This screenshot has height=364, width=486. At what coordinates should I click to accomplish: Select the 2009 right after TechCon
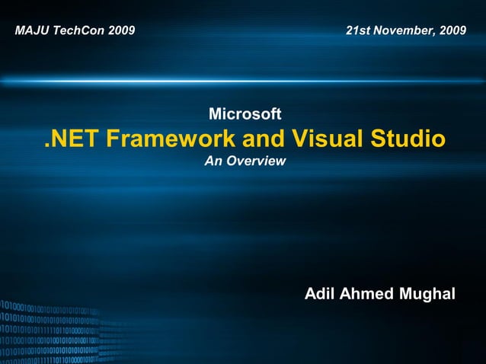pos(121,31)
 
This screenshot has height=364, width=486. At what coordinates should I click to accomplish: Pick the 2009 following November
pos(453,31)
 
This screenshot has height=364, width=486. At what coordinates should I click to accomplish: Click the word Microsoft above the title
pos(245,114)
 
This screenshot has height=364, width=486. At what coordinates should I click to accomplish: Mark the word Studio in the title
pos(408,139)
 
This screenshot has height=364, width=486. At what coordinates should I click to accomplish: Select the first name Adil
pos(318,294)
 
